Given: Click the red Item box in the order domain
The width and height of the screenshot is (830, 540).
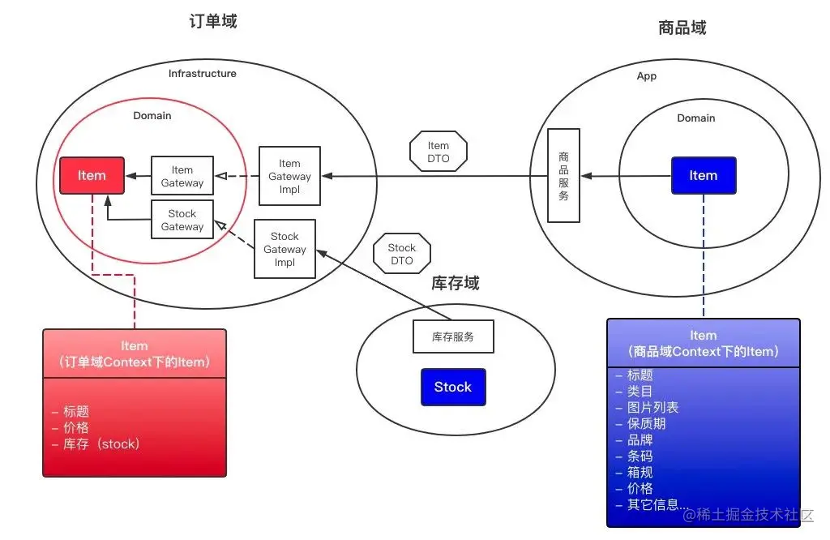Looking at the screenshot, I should [92, 175].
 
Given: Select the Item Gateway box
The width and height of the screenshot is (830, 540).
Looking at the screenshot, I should [182, 176].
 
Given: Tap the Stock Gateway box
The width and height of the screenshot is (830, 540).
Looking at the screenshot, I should [182, 220].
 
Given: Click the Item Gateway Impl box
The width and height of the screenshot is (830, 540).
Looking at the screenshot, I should [289, 176].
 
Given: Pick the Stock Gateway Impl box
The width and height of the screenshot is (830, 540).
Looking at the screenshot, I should [285, 249].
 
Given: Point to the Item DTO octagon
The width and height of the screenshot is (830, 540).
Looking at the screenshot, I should [439, 152].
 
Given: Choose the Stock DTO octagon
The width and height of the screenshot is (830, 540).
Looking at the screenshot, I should [401, 254].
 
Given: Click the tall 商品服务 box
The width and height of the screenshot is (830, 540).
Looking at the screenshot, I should [563, 175].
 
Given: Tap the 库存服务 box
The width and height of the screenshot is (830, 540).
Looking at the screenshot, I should [453, 336].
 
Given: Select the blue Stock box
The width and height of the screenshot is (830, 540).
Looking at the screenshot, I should [452, 387].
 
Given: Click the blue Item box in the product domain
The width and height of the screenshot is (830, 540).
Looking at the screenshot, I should [704, 175].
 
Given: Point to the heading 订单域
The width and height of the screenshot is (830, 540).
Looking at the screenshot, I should [212, 22].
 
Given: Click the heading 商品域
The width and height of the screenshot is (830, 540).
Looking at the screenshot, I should [682, 28].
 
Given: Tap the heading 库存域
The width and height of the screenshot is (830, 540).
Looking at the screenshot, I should [456, 283].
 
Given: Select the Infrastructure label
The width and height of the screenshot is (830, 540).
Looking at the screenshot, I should [203, 74].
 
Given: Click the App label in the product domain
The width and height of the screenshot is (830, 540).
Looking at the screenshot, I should [646, 76].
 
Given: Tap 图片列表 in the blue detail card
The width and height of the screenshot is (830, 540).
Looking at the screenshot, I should [653, 407].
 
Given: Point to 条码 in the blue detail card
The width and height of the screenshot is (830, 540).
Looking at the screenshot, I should [640, 456].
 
